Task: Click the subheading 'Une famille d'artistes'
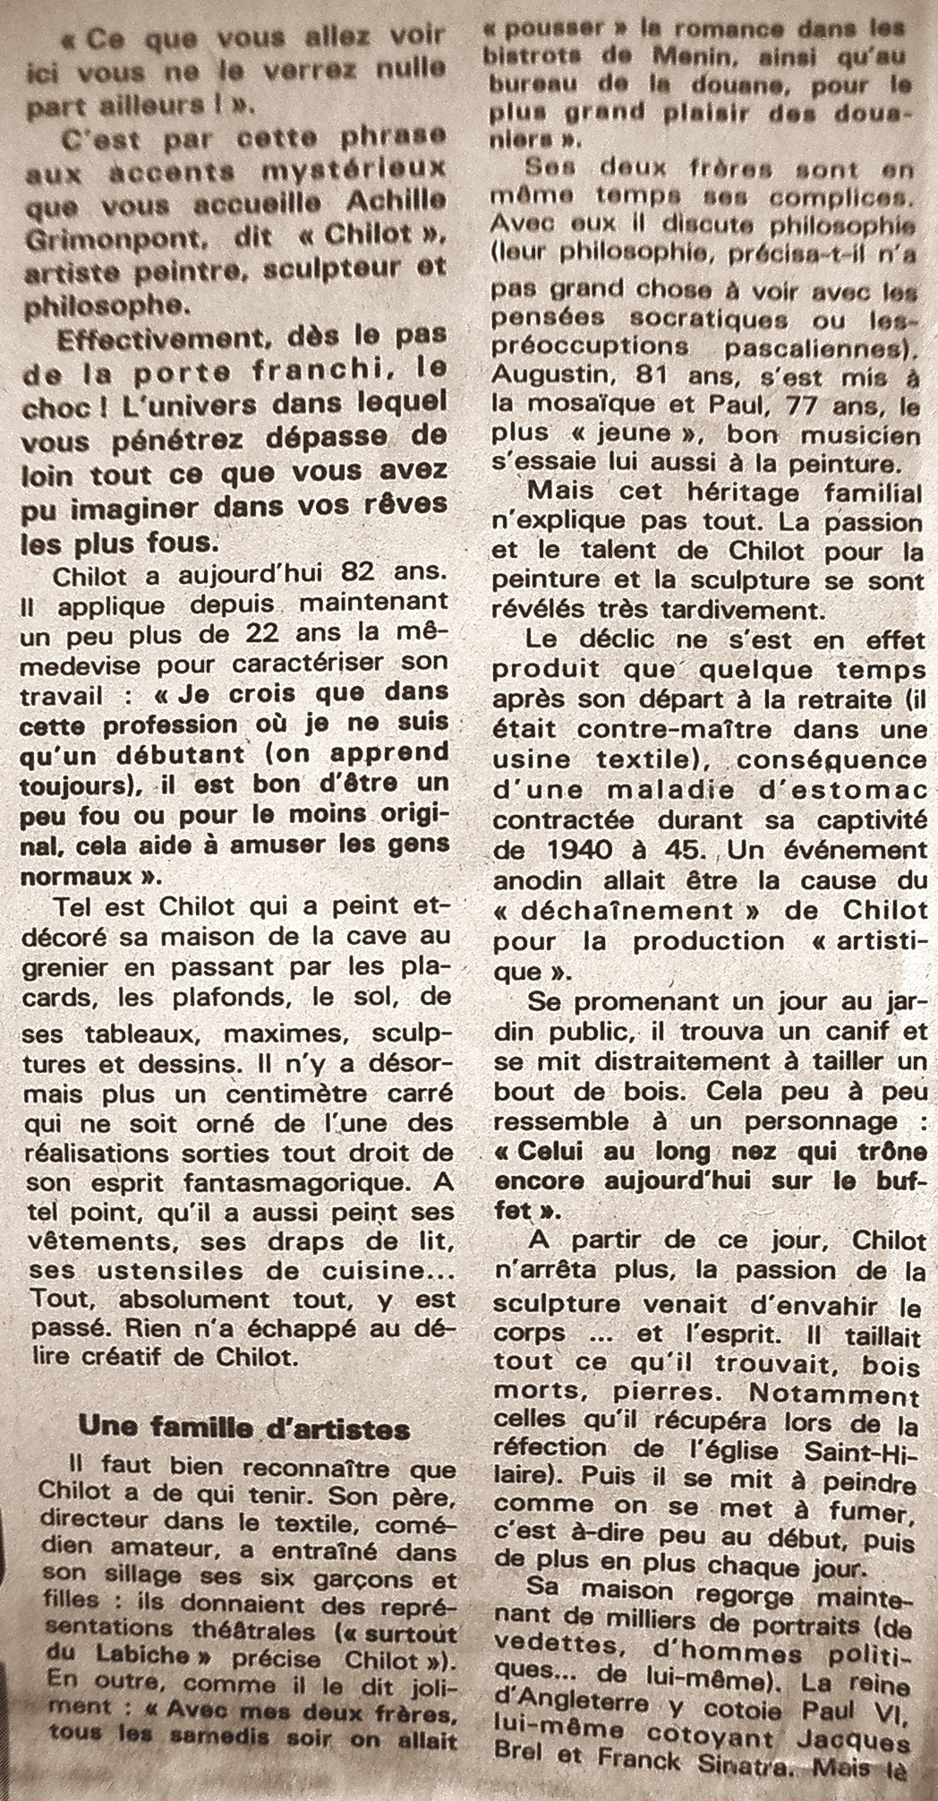click(244, 1427)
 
